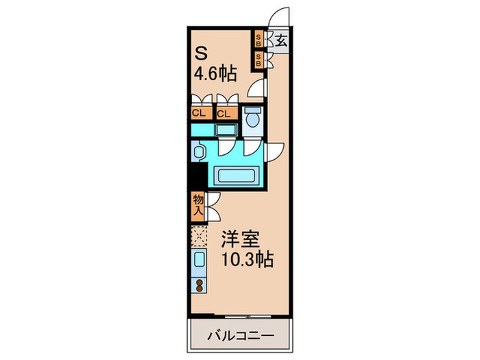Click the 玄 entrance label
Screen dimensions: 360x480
(x=282, y=39)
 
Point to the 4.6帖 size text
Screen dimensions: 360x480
(x=216, y=75)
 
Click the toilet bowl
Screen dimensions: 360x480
(x=251, y=119)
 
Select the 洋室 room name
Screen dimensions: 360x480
(x=237, y=240)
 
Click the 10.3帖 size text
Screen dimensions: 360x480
(x=246, y=261)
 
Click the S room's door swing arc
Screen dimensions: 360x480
(x=256, y=88)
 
